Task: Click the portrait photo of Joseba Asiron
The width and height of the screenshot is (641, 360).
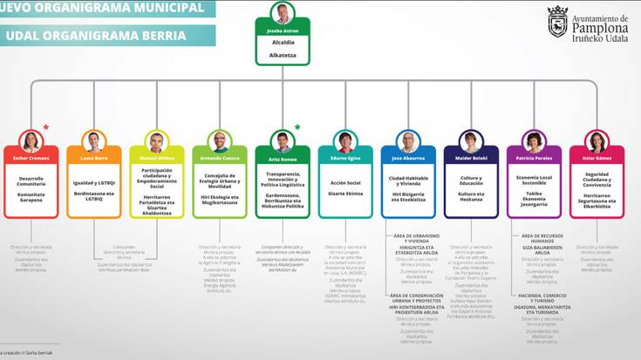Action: coord(283,14)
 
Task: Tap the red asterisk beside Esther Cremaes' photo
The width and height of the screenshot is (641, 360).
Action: coord(46,127)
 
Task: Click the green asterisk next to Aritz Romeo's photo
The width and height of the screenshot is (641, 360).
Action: coord(297,127)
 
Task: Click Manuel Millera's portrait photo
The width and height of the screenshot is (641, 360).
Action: coord(157,141)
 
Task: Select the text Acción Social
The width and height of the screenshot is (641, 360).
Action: coord(345,182)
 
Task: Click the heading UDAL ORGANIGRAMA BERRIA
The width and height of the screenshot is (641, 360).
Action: coord(96,36)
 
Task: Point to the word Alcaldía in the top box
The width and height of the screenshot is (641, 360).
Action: coord(283,42)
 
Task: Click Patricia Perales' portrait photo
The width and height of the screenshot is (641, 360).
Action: coord(534,141)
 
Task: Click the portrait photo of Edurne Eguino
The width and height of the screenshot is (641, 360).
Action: coord(345,141)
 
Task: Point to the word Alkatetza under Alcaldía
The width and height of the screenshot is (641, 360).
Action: coord(283,55)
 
